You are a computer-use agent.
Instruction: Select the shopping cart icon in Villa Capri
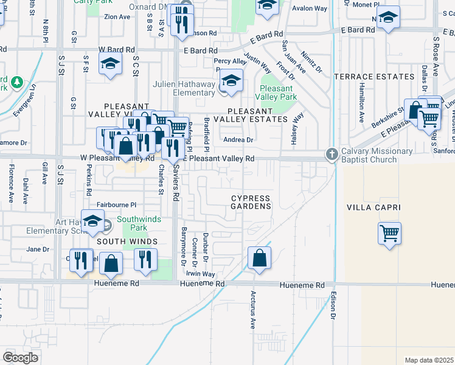click(389, 232)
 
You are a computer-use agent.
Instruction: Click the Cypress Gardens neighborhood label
click(251, 203)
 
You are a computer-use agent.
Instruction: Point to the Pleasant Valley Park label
click(277, 92)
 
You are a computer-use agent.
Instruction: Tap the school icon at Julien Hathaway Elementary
click(231, 81)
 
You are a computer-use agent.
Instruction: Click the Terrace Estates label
click(374, 77)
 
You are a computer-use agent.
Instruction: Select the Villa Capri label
click(373, 207)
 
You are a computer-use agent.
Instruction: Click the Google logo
click(21, 357)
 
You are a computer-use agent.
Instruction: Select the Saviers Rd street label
click(176, 182)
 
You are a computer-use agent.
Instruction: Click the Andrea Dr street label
click(238, 140)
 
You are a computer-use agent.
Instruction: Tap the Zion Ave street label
click(117, 17)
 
